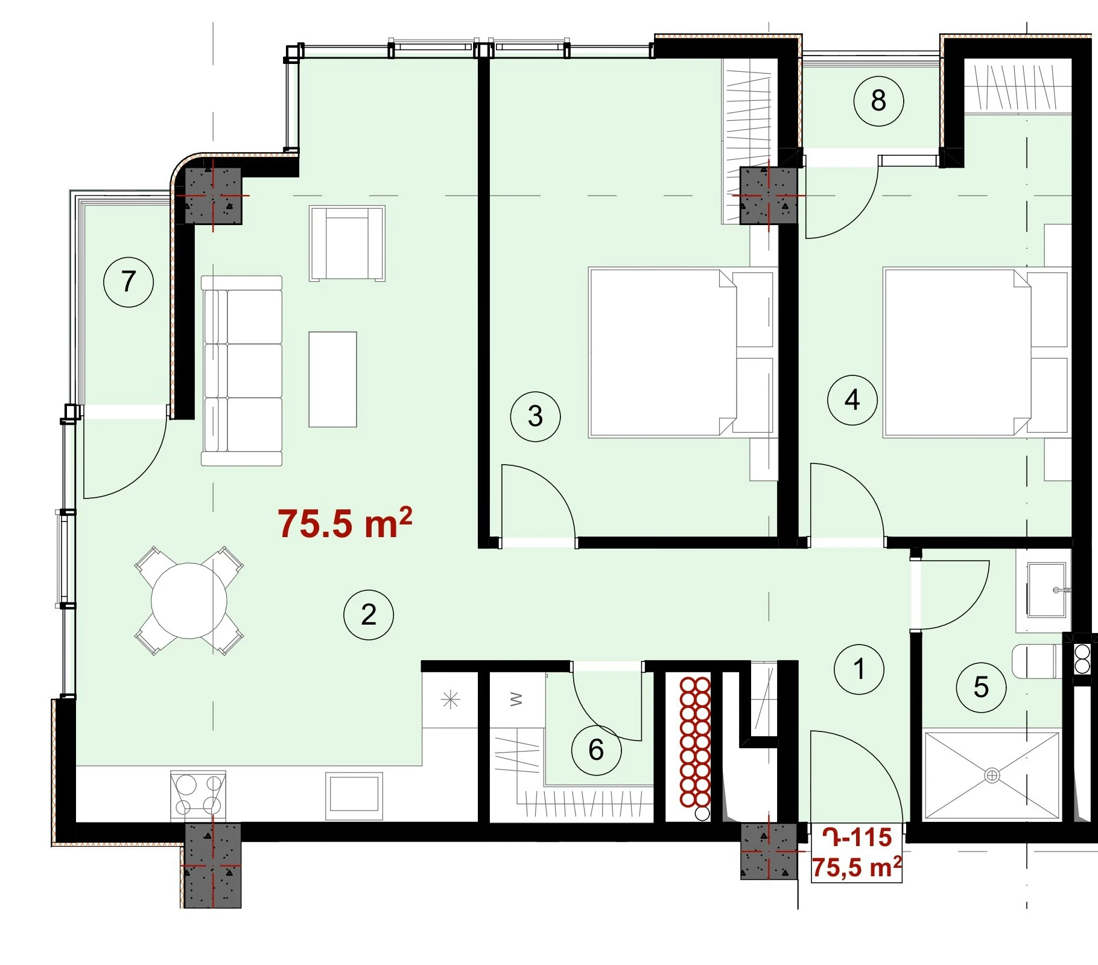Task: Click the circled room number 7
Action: [x=129, y=282]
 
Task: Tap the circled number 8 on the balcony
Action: [x=878, y=101]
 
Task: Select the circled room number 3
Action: [x=535, y=416]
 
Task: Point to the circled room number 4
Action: [x=852, y=400]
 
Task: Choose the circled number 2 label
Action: [x=369, y=615]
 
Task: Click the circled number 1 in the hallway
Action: [x=859, y=669]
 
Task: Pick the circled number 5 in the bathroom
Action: [x=982, y=687]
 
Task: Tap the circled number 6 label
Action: [x=596, y=750]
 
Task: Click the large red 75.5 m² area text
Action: [x=345, y=523]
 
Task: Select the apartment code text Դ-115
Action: [x=857, y=838]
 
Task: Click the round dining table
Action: [x=189, y=600]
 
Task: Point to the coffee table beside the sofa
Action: [x=332, y=379]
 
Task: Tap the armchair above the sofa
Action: [x=347, y=243]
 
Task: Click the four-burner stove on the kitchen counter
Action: [x=198, y=794]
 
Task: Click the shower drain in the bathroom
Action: [x=992, y=775]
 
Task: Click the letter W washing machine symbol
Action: [x=516, y=699]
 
